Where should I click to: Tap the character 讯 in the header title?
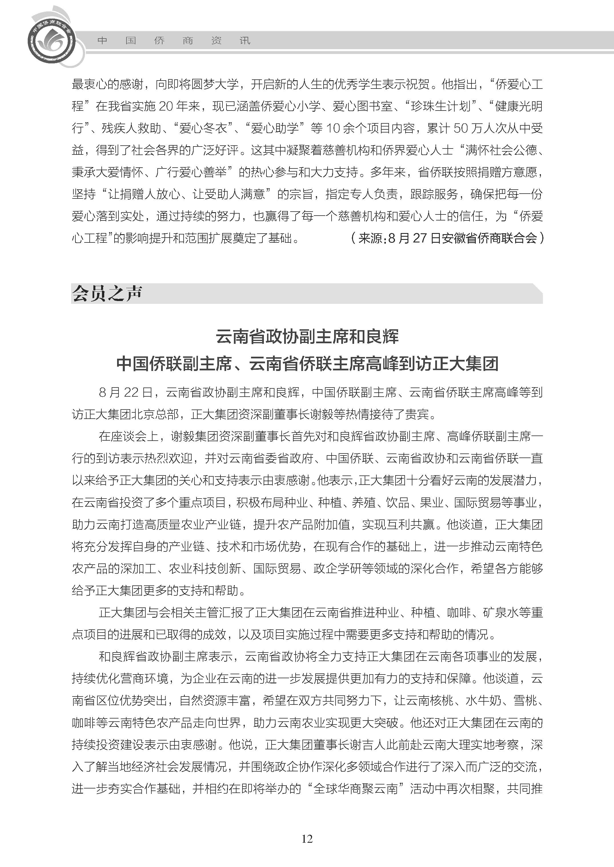[x=245, y=41]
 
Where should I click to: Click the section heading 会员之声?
[x=107, y=293]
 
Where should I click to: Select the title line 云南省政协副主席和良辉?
[x=307, y=336]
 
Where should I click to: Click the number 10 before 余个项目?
[x=333, y=129]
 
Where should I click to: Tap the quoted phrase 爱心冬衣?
[x=203, y=129]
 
